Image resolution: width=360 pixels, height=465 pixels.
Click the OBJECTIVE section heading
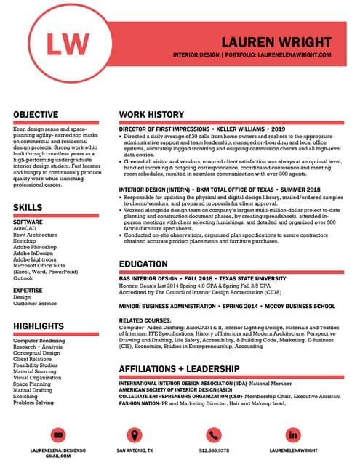[x=36, y=115]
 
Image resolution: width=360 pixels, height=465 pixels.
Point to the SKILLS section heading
[x=28, y=208]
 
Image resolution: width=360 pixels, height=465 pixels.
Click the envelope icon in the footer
[x=59, y=434]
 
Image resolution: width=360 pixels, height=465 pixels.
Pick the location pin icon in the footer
[x=134, y=434]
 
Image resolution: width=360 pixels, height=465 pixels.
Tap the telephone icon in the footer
[x=213, y=434]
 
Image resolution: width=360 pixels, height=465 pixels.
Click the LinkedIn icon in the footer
[x=293, y=434]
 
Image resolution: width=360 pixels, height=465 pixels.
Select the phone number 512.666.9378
[x=213, y=450]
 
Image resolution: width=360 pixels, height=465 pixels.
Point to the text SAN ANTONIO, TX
[x=135, y=450]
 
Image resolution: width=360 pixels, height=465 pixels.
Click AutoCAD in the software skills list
[x=25, y=228]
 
